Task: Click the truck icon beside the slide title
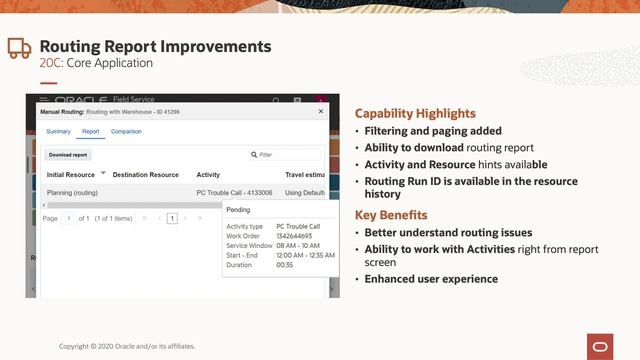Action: point(19,49)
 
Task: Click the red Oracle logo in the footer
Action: point(601,345)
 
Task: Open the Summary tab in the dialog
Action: point(58,131)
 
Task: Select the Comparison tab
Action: point(126,131)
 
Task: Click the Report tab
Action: point(90,131)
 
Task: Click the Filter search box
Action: point(285,155)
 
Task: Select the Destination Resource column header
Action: point(145,174)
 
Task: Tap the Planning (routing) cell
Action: point(72,191)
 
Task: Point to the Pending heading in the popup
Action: point(239,210)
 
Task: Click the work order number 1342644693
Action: point(297,236)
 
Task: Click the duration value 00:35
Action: point(285,265)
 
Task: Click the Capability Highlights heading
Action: point(415,113)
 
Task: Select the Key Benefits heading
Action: point(391,215)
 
